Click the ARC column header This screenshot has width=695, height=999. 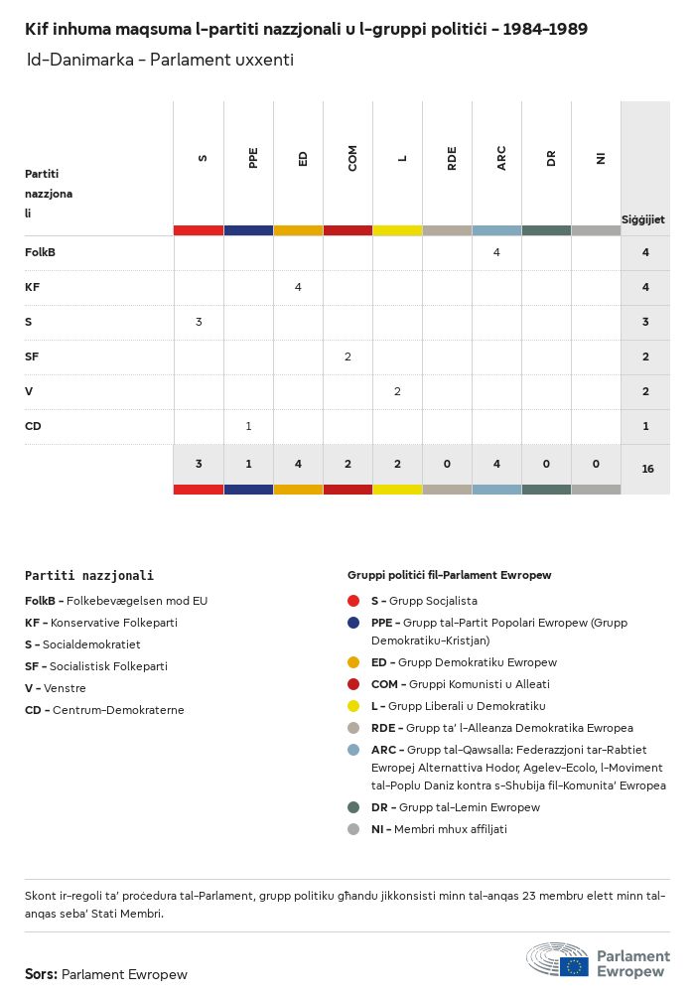tap(501, 158)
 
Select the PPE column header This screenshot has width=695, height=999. tap(253, 158)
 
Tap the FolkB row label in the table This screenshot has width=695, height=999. tap(40, 252)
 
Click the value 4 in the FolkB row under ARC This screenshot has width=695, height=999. tap(496, 252)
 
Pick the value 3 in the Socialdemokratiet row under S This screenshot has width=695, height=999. tap(199, 322)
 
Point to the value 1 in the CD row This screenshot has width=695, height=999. tap(248, 426)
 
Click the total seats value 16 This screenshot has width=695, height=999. tap(647, 468)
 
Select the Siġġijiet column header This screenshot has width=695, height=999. tap(643, 219)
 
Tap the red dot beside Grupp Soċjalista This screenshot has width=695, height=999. tap(353, 601)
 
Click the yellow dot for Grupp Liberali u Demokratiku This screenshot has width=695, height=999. tap(353, 706)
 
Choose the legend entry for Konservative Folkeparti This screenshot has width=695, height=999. tap(101, 623)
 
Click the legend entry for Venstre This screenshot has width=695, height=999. tap(56, 688)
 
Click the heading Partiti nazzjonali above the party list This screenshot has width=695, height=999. tap(89, 575)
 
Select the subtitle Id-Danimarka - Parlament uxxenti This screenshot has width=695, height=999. tap(160, 60)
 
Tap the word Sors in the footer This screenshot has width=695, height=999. tap(40, 974)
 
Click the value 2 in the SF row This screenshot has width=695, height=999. tap(347, 357)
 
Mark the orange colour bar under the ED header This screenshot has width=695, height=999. tap(298, 230)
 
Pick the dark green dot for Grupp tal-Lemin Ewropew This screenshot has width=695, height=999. tap(353, 807)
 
